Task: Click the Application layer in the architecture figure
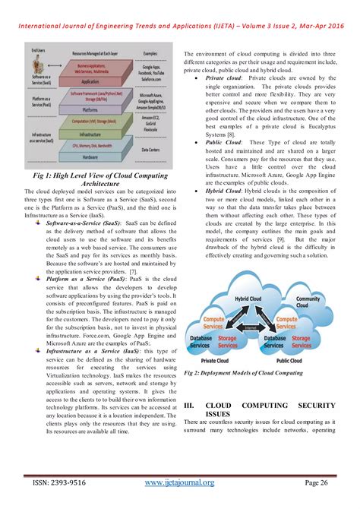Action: tap(89, 81)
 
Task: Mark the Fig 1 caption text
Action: tap(94, 179)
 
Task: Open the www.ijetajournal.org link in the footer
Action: tap(180, 482)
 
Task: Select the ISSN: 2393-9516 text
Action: tap(54, 482)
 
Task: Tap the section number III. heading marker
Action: tap(190, 406)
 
